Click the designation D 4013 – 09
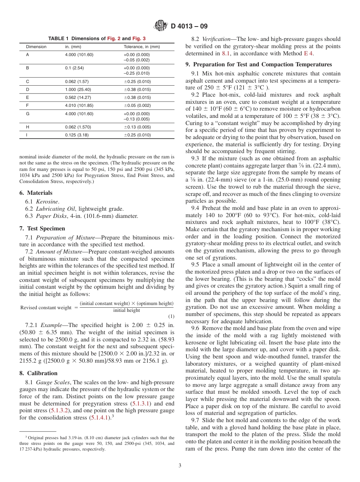pos(189,27)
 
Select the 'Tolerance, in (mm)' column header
pos(142,47)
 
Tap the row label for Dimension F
pos(27,105)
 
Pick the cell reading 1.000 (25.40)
pos(78,89)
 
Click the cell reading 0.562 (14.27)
pos(78,97)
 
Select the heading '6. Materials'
pos(36,193)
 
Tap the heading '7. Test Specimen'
pos(42,228)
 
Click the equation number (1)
pos(171,316)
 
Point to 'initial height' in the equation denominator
pos(127,311)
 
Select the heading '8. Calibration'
pos(38,373)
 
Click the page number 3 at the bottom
pos(180,466)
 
